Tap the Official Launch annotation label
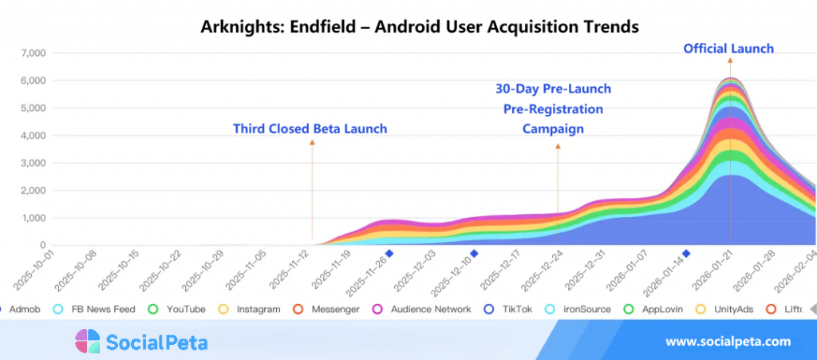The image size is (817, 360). tap(728, 49)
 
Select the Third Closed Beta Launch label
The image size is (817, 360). tap(310, 129)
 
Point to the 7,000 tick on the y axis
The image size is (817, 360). tap(31, 53)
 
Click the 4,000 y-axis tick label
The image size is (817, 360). tap(31, 136)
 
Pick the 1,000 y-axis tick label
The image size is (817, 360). tap(31, 218)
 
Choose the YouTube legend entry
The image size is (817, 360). tap(185, 309)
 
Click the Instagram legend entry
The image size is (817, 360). tap(258, 309)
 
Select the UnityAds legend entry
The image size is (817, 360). tap(728, 309)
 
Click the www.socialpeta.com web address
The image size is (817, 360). tap(728, 342)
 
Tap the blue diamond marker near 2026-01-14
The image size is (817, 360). tap(686, 254)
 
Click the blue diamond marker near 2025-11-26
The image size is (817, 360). tap(389, 254)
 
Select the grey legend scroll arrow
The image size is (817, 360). tap(811, 309)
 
